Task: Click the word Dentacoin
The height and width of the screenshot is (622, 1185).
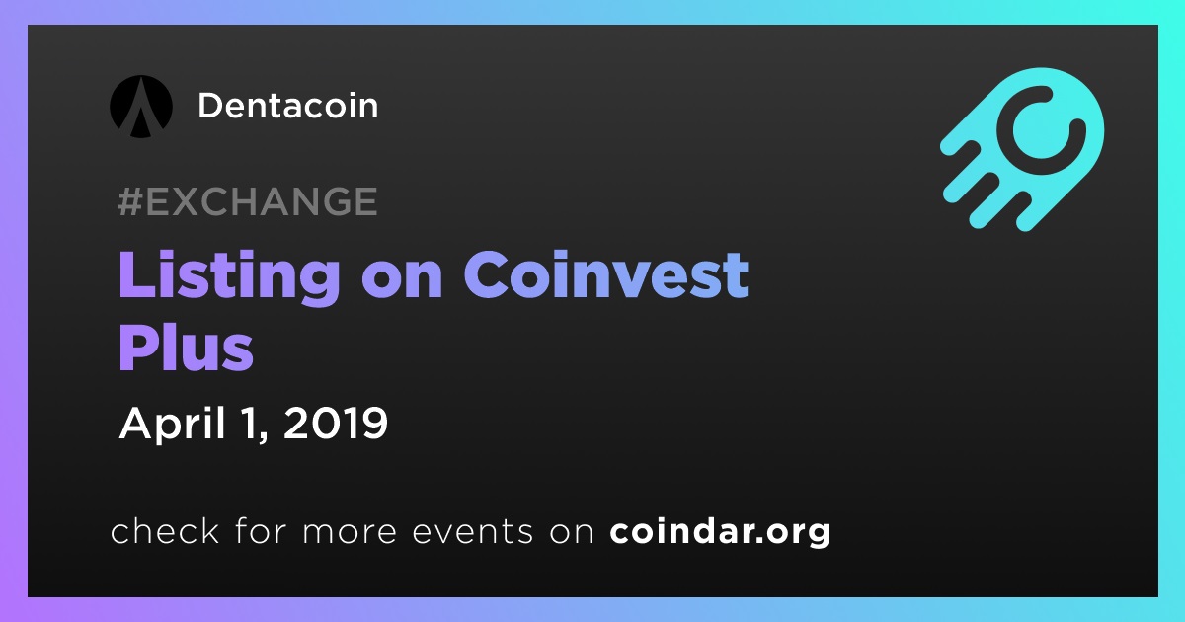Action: (x=287, y=106)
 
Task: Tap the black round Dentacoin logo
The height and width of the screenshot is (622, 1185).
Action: (x=141, y=107)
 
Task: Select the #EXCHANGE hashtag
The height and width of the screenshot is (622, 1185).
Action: (x=248, y=201)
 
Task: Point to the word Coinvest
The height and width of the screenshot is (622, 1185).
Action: (x=606, y=274)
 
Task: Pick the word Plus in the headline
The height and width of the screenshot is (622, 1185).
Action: (x=186, y=348)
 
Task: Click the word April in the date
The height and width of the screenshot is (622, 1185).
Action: (x=173, y=425)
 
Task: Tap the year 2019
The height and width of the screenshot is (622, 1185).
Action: (x=336, y=424)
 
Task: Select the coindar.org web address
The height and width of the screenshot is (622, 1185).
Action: (x=720, y=531)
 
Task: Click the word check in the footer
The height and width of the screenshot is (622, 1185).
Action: (x=165, y=530)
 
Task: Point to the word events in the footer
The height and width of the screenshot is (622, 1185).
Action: (x=473, y=531)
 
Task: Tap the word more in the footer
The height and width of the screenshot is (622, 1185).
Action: (x=350, y=532)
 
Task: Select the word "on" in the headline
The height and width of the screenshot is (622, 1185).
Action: (x=402, y=279)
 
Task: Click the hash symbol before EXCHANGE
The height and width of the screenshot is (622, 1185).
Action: (x=130, y=201)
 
